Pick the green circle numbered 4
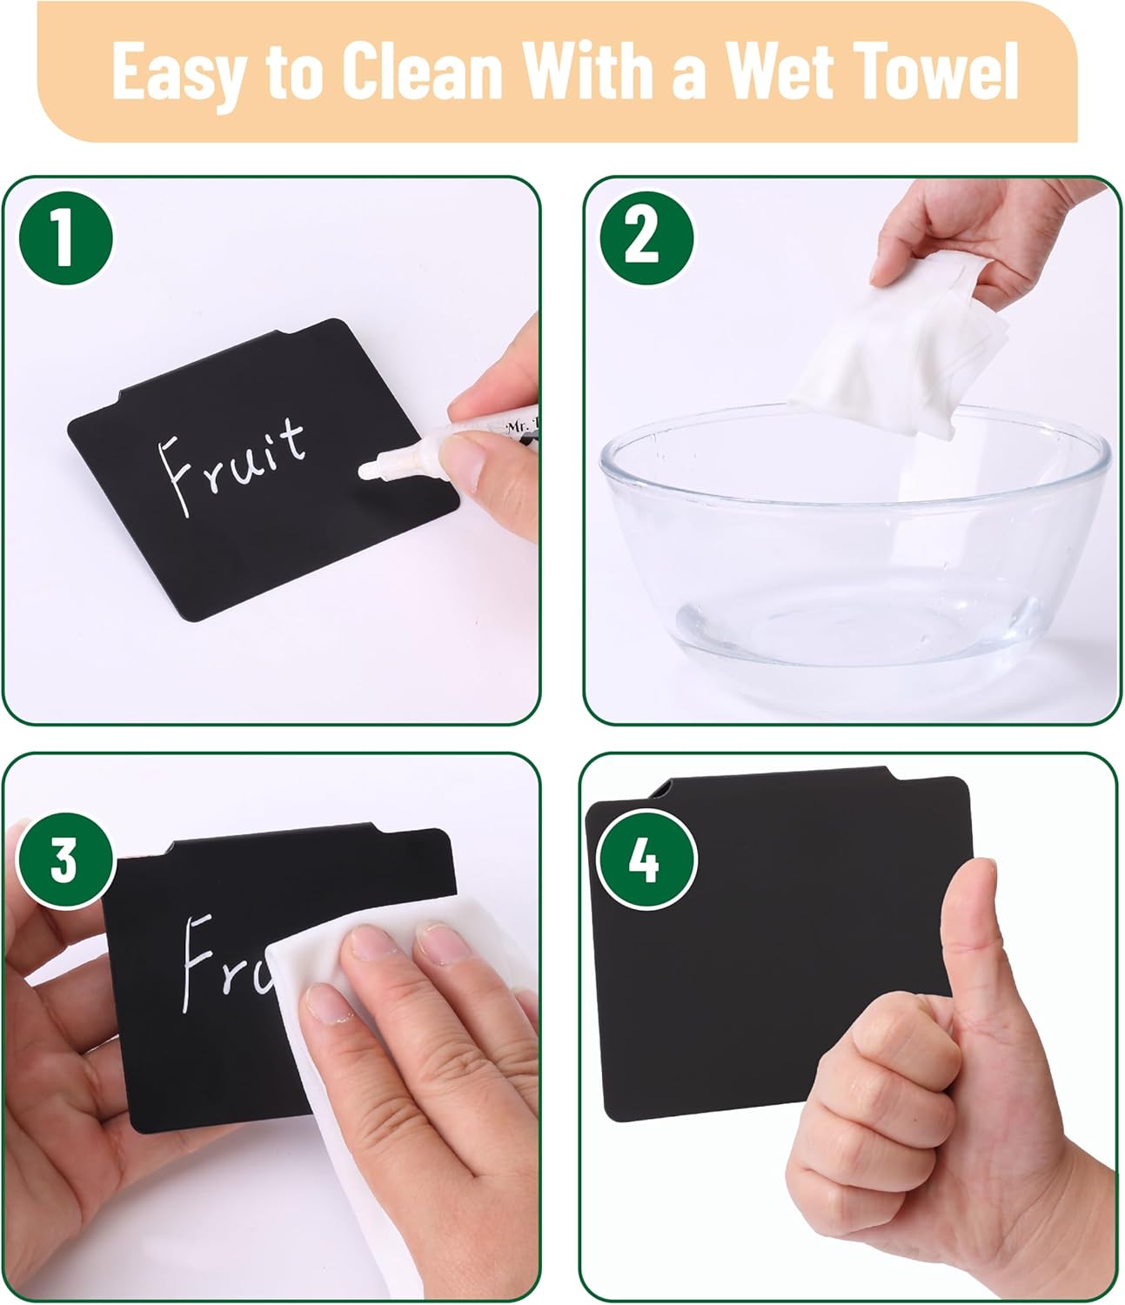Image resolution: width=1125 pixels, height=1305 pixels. pyautogui.click(x=644, y=860)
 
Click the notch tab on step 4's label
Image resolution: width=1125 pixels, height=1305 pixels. pyautogui.click(x=661, y=788)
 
